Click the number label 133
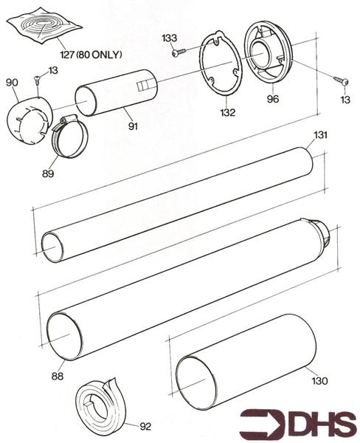coord(169,38)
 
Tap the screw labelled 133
coord(178,52)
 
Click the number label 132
coord(228,113)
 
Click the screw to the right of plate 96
coord(339,79)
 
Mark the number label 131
coord(320,135)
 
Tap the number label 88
coord(57,376)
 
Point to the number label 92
coord(147,426)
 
